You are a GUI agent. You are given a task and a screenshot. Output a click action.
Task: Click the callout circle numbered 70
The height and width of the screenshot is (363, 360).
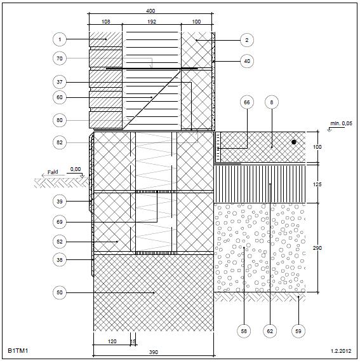click(x=60, y=58)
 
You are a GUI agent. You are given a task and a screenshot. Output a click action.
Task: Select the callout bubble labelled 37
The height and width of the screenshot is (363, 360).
click(x=60, y=82)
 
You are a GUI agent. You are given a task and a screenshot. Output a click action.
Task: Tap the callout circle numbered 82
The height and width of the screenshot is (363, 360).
click(x=60, y=142)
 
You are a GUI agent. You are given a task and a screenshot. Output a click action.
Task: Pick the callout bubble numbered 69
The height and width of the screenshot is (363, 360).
click(x=60, y=222)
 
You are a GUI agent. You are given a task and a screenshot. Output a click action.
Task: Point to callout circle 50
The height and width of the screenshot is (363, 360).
click(x=60, y=292)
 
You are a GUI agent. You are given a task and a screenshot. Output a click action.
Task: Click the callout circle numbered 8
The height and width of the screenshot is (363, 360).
click(x=272, y=102)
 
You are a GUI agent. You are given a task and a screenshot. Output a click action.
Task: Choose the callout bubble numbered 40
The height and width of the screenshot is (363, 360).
click(x=247, y=61)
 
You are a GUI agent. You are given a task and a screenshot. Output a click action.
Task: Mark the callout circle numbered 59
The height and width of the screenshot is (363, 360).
click(x=298, y=331)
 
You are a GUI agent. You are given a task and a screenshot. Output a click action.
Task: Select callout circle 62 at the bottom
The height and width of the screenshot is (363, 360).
click(x=270, y=331)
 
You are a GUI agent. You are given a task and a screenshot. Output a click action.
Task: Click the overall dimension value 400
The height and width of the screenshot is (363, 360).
click(x=150, y=11)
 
